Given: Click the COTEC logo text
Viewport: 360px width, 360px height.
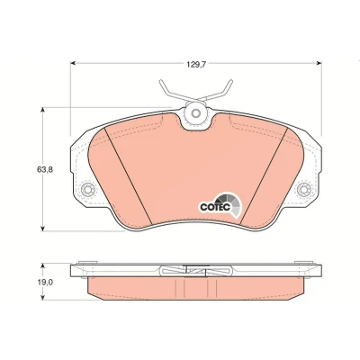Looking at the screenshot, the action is [215, 207].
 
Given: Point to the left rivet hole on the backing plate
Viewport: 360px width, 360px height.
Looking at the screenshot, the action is [88, 189].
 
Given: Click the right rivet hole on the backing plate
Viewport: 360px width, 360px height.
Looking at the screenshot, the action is [303, 189].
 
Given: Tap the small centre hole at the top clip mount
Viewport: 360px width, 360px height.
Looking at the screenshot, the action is [196, 113].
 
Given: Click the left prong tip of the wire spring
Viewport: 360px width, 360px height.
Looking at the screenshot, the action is [161, 81].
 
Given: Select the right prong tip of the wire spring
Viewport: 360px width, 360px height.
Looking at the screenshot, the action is [231, 81].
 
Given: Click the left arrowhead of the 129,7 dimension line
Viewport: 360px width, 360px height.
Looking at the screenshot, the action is [72, 63].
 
